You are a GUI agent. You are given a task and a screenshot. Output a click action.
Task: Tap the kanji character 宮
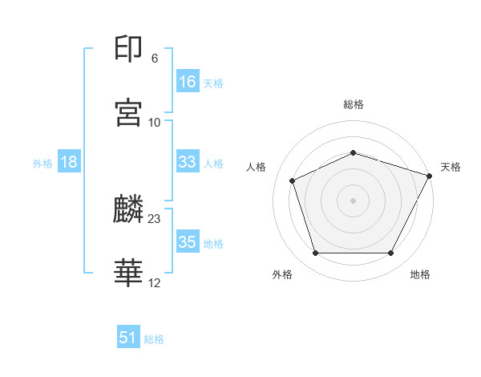pos(129,112)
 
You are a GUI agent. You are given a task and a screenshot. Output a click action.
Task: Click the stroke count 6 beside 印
pos(155,59)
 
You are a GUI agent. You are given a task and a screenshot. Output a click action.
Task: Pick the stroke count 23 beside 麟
pos(155,218)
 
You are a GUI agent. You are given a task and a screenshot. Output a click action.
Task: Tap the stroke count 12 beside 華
pos(155,282)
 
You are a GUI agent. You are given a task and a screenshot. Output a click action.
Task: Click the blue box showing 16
pos(188,82)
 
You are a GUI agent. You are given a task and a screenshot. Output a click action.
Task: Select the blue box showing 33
pos(188,162)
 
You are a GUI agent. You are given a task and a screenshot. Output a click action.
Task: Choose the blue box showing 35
pos(188,242)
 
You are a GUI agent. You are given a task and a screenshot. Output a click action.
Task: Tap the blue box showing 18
pos(69,162)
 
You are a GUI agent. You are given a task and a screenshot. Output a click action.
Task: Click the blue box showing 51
pos(128,338)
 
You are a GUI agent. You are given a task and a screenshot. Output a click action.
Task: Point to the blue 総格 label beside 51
pos(154,339)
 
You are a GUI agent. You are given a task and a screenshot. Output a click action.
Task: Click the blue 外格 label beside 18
pos(42,164)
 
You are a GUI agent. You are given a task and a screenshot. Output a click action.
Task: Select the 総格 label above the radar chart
pos(353,104)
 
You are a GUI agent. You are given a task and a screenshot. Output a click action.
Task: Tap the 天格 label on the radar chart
pos(451,167)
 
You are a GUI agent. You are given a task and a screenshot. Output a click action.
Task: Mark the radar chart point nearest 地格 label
pos(390,253)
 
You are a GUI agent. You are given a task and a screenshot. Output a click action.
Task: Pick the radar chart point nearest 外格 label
pos(315,253)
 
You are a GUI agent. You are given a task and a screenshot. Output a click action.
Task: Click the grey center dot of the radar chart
pos(353,200)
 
